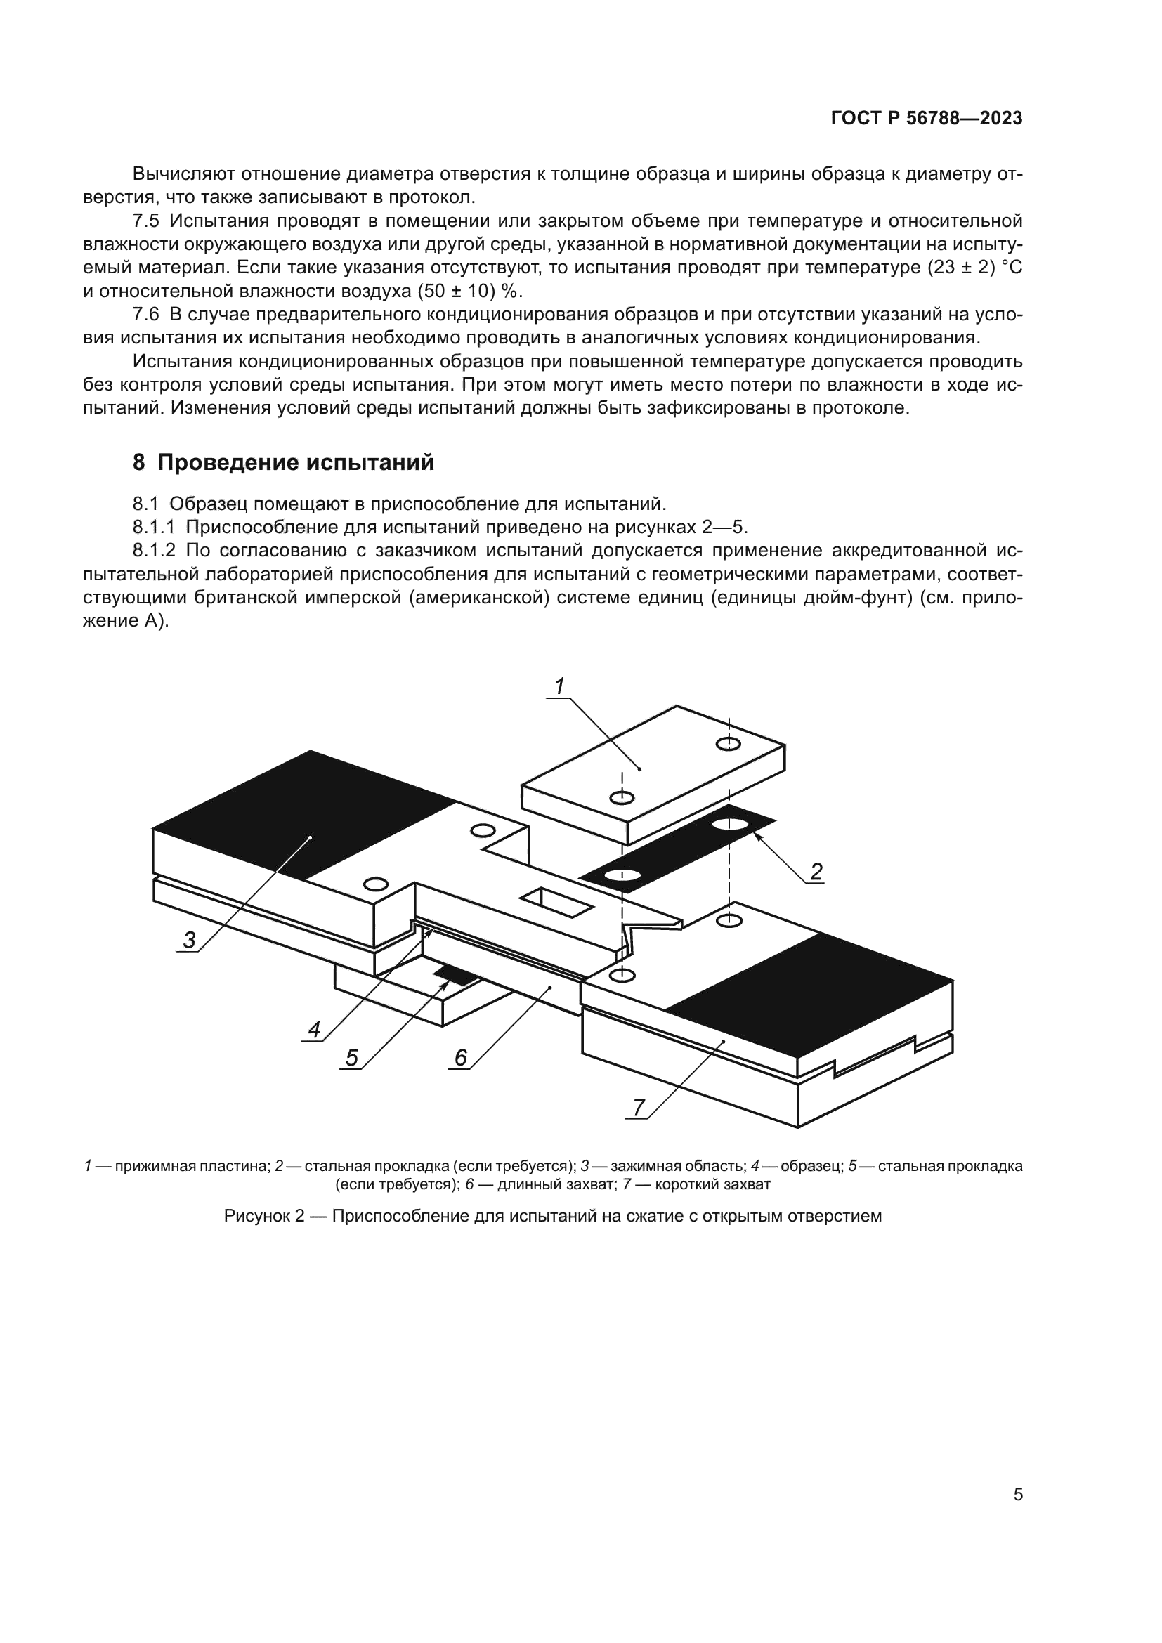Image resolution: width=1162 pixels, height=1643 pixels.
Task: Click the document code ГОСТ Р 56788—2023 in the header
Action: pos(927,119)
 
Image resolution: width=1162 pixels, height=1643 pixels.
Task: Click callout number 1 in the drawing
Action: pos(559,686)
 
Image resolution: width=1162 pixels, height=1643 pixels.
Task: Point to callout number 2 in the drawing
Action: pos(816,872)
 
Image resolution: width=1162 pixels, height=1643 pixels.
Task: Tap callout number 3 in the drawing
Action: pos(189,940)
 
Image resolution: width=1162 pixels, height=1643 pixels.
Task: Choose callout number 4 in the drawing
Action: pos(313,1030)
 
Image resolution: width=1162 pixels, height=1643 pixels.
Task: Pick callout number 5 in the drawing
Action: pos(351,1058)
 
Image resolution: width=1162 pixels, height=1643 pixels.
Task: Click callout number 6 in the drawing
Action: pos(460,1057)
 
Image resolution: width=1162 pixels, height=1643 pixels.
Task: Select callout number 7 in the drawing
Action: pos(638,1107)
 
